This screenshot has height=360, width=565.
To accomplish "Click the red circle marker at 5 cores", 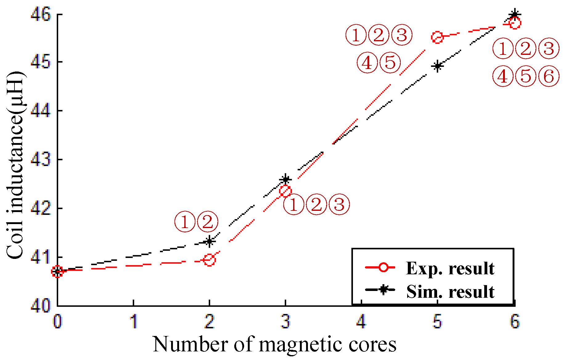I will coord(437,37).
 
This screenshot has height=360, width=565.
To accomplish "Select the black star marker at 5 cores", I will coord(437,66).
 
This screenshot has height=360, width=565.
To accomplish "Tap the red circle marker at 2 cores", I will coord(210,260).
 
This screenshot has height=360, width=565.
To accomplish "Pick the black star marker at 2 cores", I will coord(210,241).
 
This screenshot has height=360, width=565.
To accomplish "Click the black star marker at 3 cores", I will coord(285,179).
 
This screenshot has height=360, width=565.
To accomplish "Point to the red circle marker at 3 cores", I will coord(285,191).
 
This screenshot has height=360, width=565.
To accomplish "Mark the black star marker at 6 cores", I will coord(514,14).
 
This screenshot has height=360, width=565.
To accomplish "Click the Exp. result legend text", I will coord(450,268).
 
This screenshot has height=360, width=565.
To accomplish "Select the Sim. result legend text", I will coord(450,292).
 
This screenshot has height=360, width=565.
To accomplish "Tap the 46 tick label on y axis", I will coord(40,14).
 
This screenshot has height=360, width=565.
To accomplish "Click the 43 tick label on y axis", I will coord(40,160).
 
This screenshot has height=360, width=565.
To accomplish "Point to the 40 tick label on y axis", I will coord(40,306).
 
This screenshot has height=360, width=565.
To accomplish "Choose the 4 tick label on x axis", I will coord(361,321).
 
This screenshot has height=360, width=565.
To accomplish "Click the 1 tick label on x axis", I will coord(133,321).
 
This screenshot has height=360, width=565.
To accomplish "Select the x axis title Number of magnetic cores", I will coord(274,344).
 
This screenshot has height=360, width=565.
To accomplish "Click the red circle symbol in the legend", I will coord(383,267).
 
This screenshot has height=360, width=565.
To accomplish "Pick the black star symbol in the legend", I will coord(383,290).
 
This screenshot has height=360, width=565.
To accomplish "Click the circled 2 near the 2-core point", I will coord(207,222).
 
